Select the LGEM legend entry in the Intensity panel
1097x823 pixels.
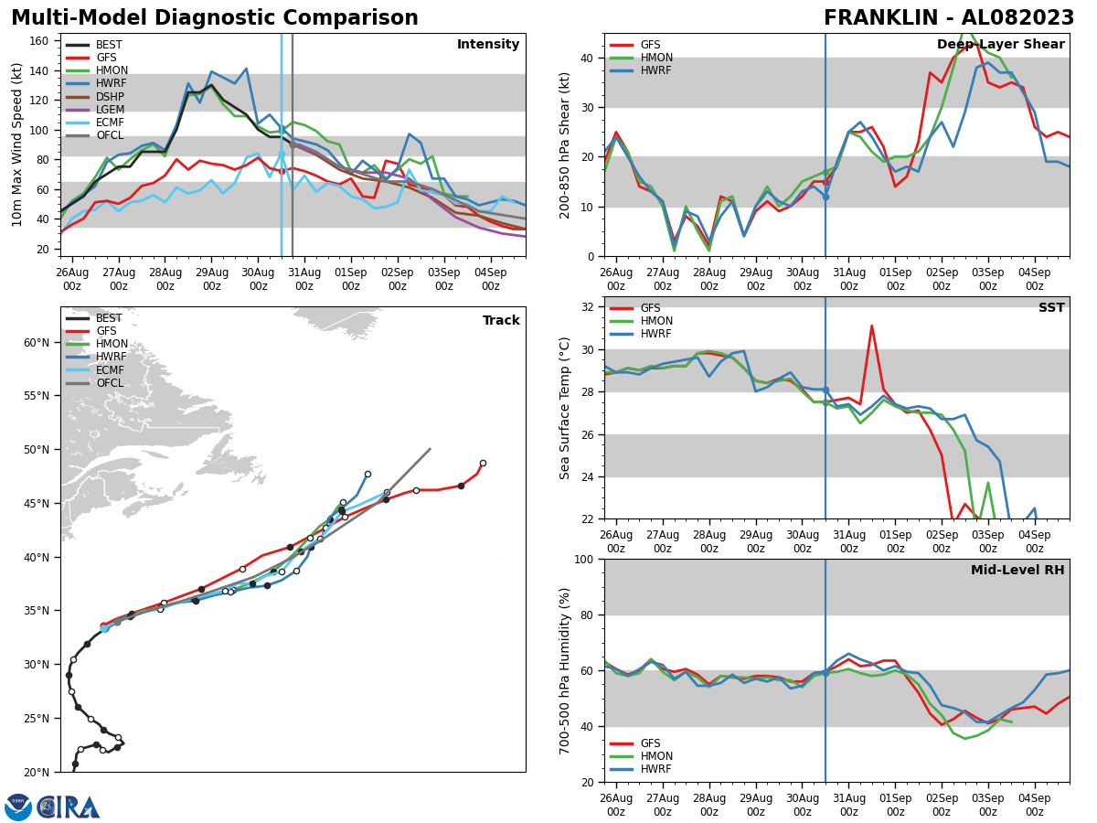tap(109, 110)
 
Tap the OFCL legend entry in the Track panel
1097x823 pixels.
tap(109, 383)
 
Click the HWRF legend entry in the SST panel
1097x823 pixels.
tap(655, 334)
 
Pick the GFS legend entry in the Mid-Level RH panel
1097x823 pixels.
tap(650, 743)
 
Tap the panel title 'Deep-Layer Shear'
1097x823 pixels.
tap(1000, 45)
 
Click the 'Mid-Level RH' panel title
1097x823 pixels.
tap(1017, 571)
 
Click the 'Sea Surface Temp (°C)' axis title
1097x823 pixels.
tap(566, 408)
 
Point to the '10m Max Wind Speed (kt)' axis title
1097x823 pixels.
tap(16, 144)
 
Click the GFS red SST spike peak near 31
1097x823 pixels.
tap(871, 326)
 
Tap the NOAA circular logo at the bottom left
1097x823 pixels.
tap(18, 807)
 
